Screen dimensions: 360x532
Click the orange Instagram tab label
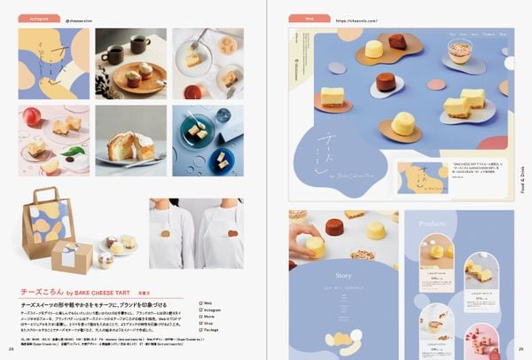pos(40,17)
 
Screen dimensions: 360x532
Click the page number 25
pos(510,351)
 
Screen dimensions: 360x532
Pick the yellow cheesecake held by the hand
pos(316,246)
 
